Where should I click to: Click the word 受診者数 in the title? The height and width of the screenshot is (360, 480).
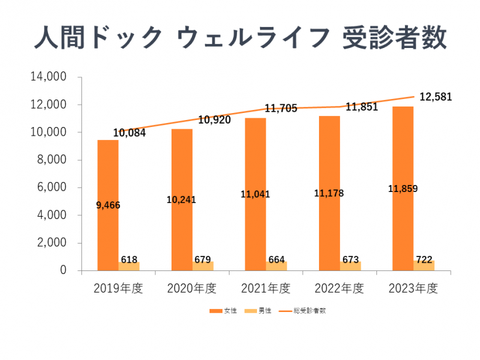point(402,38)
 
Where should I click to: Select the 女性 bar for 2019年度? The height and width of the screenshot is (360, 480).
point(108,176)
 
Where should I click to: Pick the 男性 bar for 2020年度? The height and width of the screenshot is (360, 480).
point(203,266)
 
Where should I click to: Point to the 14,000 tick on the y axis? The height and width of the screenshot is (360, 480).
point(52,77)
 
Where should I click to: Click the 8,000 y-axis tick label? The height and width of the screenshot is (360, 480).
point(55,160)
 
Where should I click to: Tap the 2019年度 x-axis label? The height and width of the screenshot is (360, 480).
point(118,289)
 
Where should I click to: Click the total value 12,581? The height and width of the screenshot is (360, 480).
point(436,97)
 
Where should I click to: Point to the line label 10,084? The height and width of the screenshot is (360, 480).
point(129,133)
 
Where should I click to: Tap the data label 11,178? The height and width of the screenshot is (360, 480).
point(329,194)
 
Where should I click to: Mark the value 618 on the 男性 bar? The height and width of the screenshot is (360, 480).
point(129,258)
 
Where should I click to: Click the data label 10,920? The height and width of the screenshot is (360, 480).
point(214,120)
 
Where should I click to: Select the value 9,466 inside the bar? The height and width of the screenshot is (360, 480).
point(108,205)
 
